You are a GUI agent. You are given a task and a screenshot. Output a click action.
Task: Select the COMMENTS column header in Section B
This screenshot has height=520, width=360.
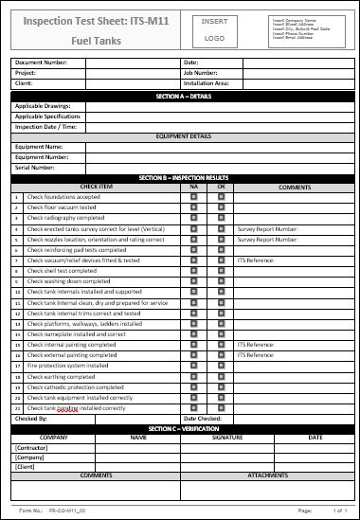point(294,188)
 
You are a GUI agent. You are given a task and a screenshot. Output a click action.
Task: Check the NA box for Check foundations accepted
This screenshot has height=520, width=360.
point(194,197)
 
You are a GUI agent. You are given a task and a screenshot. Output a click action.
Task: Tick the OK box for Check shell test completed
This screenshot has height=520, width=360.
point(221,271)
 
